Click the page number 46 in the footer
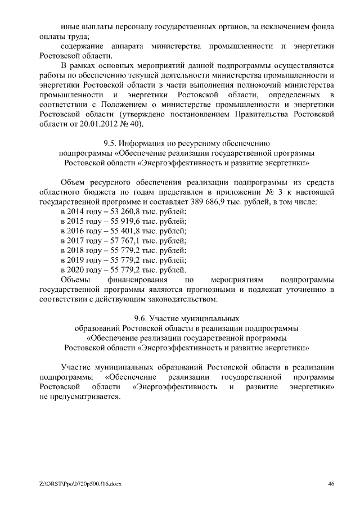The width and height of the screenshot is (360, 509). coord(332,484)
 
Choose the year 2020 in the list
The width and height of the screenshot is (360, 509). coord(73,269)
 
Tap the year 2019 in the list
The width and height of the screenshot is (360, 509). coord(73,260)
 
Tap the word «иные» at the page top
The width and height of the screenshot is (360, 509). coord(70,26)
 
